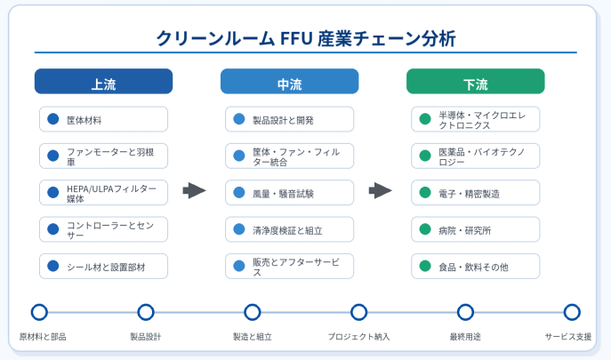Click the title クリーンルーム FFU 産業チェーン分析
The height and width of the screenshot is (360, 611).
coord(306,38)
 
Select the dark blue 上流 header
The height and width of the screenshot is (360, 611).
coord(104,82)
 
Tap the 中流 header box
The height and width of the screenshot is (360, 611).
coord(290,82)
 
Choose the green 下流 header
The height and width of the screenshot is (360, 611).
coord(476,82)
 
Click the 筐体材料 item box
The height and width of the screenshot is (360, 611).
coord(104,119)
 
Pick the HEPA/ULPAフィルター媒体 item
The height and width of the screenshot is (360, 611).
coord(104,193)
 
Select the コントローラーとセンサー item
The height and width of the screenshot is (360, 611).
coord(104,229)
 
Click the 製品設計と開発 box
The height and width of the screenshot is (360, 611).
coord(290,119)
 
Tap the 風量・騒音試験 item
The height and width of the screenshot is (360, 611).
coord(290,193)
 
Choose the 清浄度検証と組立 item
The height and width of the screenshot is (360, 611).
coord(290,229)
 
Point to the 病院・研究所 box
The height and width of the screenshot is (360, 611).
coord(476,229)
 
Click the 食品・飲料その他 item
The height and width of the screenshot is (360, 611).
coord(476,266)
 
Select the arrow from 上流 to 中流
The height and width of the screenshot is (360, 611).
coord(194,190)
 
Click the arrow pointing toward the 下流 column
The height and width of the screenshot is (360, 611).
coord(381,190)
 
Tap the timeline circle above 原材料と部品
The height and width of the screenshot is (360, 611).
coord(39,312)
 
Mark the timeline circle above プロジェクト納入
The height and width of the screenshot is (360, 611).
coord(358,312)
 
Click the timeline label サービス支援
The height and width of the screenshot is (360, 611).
coord(567,337)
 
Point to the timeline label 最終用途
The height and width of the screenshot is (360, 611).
coord(465,337)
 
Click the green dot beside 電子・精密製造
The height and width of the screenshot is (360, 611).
coord(425,193)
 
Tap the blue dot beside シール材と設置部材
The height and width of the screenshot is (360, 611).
coord(53,266)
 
